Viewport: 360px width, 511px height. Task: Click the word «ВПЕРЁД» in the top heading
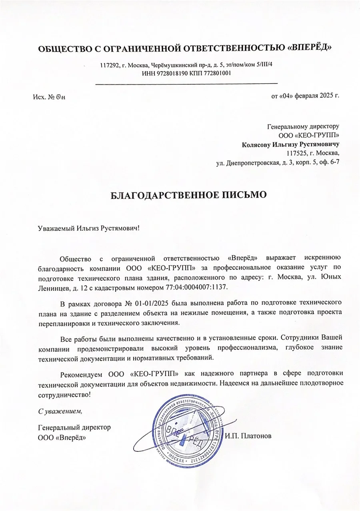point(310,49)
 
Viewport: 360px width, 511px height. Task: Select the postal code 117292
point(109,65)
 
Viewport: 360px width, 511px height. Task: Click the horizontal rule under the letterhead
point(186,83)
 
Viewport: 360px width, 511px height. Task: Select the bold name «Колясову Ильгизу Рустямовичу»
point(291,144)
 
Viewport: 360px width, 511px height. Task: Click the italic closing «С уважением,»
point(60,411)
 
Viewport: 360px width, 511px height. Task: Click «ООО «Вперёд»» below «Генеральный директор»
point(62,437)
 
